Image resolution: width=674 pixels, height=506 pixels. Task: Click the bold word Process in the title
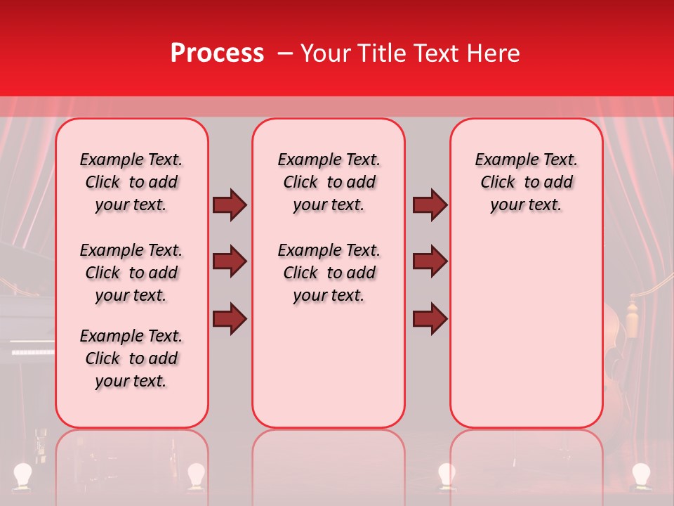click(217, 53)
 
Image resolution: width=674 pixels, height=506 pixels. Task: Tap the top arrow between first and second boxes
click(230, 205)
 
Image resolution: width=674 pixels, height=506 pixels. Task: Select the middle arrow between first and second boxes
click(230, 262)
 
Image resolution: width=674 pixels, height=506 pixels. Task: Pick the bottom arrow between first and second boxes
click(230, 320)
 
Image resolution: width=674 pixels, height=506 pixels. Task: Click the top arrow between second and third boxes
click(430, 205)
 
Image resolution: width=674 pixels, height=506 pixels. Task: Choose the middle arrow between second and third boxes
click(430, 262)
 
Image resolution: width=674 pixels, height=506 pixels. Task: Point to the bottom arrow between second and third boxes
click(430, 320)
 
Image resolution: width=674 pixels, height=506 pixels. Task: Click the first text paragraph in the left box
click(131, 182)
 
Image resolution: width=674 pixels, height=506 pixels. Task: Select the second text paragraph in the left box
click(131, 273)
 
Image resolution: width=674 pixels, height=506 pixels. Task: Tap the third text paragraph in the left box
click(131, 358)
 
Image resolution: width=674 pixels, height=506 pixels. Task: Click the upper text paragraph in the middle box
click(329, 182)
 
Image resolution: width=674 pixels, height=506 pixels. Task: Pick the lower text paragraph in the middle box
click(329, 273)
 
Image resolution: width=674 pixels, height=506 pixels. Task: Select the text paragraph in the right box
click(526, 182)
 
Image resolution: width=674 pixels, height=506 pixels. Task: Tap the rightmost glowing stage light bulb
click(640, 474)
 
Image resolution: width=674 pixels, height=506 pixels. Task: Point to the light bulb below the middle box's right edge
click(447, 474)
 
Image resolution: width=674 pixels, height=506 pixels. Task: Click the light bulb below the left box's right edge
click(195, 474)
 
